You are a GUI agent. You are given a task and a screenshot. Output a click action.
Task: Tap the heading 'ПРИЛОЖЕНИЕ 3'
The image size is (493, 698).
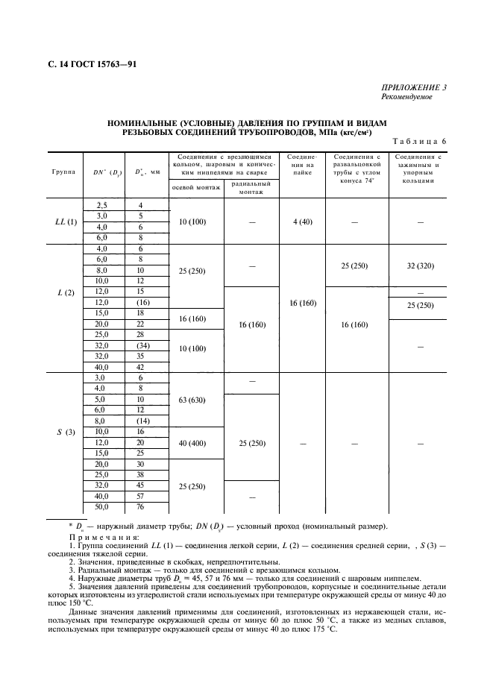coord(414,88)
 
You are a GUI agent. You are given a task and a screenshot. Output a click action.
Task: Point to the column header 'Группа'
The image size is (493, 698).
coord(63,172)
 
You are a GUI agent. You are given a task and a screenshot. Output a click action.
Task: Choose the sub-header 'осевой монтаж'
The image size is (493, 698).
coord(196,188)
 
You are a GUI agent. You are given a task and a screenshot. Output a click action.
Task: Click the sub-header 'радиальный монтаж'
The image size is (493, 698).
coord(251,188)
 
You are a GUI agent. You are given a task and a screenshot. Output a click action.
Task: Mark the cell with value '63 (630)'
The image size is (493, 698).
coord(197,400)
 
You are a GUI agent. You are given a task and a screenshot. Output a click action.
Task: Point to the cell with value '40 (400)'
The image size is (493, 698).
coord(197,443)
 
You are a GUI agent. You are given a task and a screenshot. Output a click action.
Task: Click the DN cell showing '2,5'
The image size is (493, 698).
coord(102,204)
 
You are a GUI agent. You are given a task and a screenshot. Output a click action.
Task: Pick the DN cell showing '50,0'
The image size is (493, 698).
coord(102,507)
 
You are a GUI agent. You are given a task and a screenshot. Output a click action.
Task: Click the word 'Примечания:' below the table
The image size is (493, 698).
coord(104,538)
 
